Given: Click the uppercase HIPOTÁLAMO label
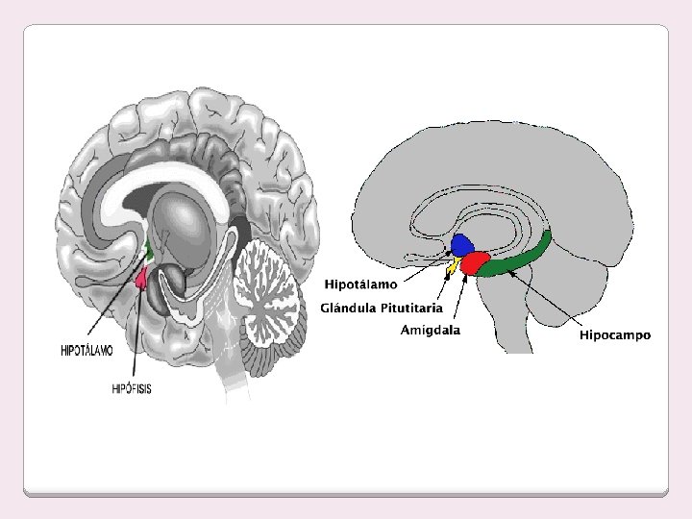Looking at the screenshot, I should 86,352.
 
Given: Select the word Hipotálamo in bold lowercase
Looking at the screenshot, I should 360,284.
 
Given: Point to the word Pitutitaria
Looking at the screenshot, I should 410,308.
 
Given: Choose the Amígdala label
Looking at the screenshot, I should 430,330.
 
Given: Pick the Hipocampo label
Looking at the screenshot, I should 614,335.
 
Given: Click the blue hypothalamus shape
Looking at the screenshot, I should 463,244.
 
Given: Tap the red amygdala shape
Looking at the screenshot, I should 475,262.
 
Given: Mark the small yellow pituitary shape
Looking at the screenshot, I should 453,264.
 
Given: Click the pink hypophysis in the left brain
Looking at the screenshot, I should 142,279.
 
